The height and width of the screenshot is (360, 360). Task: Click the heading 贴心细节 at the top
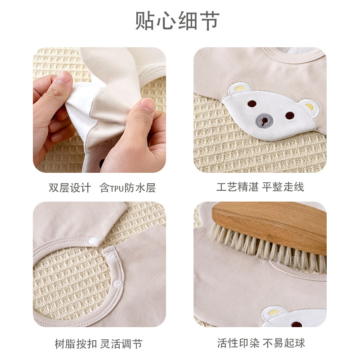pyautogui.click(x=177, y=21)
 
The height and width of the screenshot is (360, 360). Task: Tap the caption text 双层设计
pyautogui.click(x=70, y=188)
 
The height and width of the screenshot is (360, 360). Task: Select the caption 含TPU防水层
pyautogui.click(x=128, y=188)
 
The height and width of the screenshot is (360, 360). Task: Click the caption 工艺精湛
pyautogui.click(x=238, y=187)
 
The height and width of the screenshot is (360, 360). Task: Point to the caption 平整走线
pyautogui.click(x=283, y=187)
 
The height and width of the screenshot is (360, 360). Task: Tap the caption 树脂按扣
pyautogui.click(x=76, y=344)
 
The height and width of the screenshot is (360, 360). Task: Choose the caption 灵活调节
pyautogui.click(x=121, y=344)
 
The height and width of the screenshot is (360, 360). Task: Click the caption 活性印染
pyautogui.click(x=238, y=343)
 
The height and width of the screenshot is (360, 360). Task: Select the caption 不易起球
pyautogui.click(x=284, y=343)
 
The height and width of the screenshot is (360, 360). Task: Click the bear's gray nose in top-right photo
pyautogui.click(x=265, y=120)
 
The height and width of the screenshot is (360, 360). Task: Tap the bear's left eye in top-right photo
pyautogui.click(x=252, y=103)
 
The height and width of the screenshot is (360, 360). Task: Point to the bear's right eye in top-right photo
pyautogui.click(x=290, y=115)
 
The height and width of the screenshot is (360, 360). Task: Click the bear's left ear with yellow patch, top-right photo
pyautogui.click(x=240, y=88)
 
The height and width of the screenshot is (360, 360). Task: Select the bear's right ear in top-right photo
pyautogui.click(x=309, y=107)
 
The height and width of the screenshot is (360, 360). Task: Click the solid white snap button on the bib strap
pyautogui.click(x=93, y=241)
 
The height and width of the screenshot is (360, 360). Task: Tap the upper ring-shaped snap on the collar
pyautogui.click(x=111, y=256)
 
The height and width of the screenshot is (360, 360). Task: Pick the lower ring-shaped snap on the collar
pyautogui.click(x=118, y=284)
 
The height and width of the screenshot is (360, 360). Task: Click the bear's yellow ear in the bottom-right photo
pyautogui.click(x=274, y=312)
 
